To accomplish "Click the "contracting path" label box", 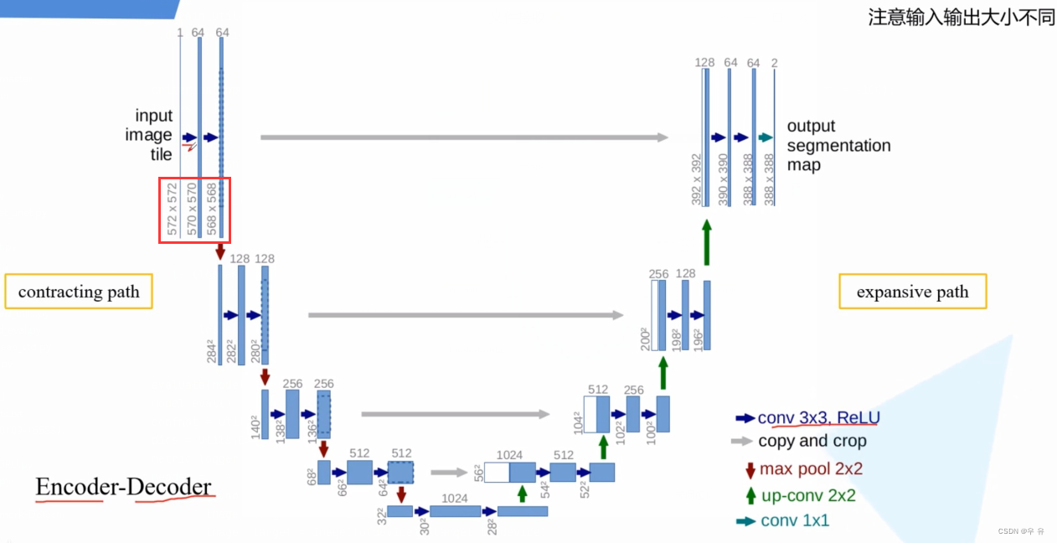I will point(79,292).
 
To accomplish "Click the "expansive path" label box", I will point(912,292).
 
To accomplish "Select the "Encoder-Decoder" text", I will point(123,487).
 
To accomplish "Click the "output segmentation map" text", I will point(838,145).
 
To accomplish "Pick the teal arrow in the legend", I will point(744,521).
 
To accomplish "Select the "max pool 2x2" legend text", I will point(810,469).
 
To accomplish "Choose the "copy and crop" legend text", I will point(812,441).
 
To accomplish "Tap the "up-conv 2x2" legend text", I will point(807,495).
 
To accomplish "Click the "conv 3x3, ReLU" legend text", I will point(818,417).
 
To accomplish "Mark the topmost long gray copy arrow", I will point(464,137).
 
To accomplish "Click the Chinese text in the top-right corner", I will point(962,18).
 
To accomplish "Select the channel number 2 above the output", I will point(774,62).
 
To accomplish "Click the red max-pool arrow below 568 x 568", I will point(221,251).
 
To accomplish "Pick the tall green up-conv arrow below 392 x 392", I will point(706,243).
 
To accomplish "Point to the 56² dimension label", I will point(477,474).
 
